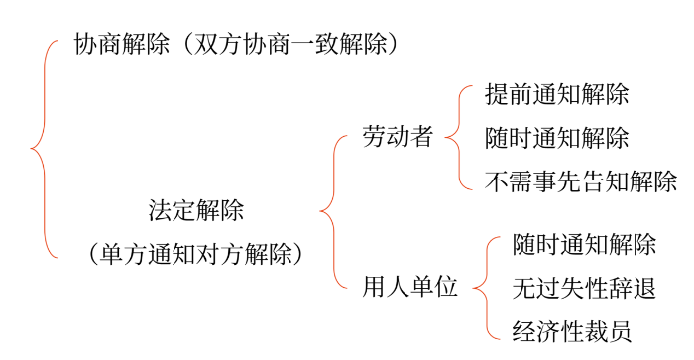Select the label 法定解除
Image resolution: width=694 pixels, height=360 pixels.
coord(196,210)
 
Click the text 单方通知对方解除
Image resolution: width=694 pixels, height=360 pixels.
coord(196,254)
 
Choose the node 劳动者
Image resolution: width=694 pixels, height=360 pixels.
coord(399,138)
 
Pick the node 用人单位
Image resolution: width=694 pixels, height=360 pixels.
coord(410,289)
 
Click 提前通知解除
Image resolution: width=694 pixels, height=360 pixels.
coord(557,95)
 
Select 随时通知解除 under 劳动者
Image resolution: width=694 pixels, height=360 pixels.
coord(557,138)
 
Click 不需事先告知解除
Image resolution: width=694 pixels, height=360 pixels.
coord(581,180)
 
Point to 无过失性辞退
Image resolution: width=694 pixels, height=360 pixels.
coord(585,289)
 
